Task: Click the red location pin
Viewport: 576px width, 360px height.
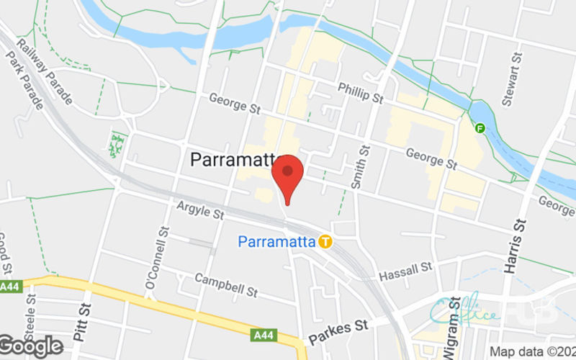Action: [287, 176]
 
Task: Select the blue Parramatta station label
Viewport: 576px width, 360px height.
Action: [276, 242]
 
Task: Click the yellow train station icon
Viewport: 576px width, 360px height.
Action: [326, 242]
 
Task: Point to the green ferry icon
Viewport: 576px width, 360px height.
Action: [480, 129]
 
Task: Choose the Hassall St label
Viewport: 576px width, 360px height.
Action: [405, 271]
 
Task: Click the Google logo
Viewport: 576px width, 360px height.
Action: [32, 346]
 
